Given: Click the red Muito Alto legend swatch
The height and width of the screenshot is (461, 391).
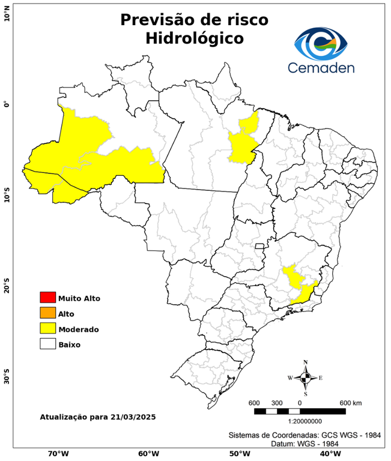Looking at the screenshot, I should (x=47, y=298).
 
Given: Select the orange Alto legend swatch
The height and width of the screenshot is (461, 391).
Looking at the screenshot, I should (x=47, y=313).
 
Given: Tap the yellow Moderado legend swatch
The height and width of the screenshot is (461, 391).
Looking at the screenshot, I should (x=47, y=329).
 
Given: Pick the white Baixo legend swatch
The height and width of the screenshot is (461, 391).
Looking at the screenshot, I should (x=47, y=345).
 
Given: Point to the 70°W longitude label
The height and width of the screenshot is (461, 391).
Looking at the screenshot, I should (x=58, y=454).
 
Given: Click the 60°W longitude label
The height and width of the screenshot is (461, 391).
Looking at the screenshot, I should (x=148, y=454).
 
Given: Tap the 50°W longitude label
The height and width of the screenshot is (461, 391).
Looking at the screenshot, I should (x=238, y=454).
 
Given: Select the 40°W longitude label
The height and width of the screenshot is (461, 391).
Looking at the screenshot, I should (x=329, y=454).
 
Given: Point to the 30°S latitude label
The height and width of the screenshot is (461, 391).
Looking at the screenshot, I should (x=7, y=379).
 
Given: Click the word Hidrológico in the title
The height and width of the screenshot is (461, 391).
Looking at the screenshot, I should (x=195, y=38).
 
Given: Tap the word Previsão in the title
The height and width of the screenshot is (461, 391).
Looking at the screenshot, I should (x=159, y=19).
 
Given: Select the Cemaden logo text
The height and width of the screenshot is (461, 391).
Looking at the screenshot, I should (x=321, y=68).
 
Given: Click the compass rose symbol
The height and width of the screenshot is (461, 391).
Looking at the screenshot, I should (x=306, y=378).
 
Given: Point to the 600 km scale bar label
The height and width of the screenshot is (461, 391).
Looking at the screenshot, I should (x=350, y=402).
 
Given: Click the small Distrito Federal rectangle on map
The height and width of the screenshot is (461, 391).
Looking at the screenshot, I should (x=260, y=246).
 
